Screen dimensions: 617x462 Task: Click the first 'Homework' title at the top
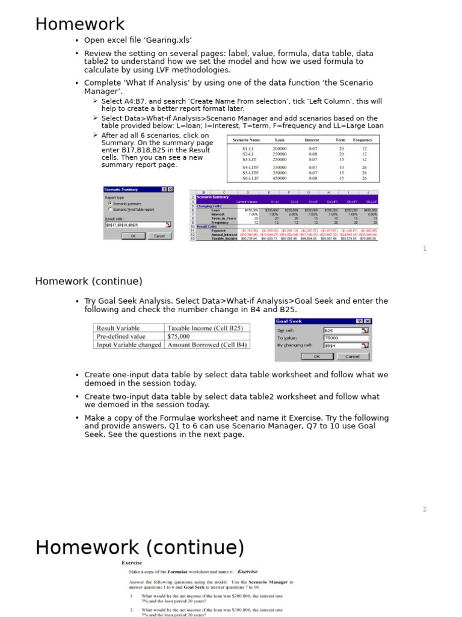click(x=80, y=25)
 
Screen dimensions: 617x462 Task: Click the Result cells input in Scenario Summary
click(x=135, y=225)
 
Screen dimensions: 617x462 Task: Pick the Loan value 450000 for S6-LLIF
click(x=280, y=178)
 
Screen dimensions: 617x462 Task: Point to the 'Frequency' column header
click(x=363, y=140)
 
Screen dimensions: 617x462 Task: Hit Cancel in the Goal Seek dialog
click(x=352, y=356)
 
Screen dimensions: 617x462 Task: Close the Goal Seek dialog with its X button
click(x=368, y=322)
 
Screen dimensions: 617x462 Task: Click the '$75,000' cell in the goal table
click(x=179, y=336)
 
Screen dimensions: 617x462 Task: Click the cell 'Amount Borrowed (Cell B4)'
click(x=207, y=345)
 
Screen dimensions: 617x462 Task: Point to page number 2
click(x=424, y=509)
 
